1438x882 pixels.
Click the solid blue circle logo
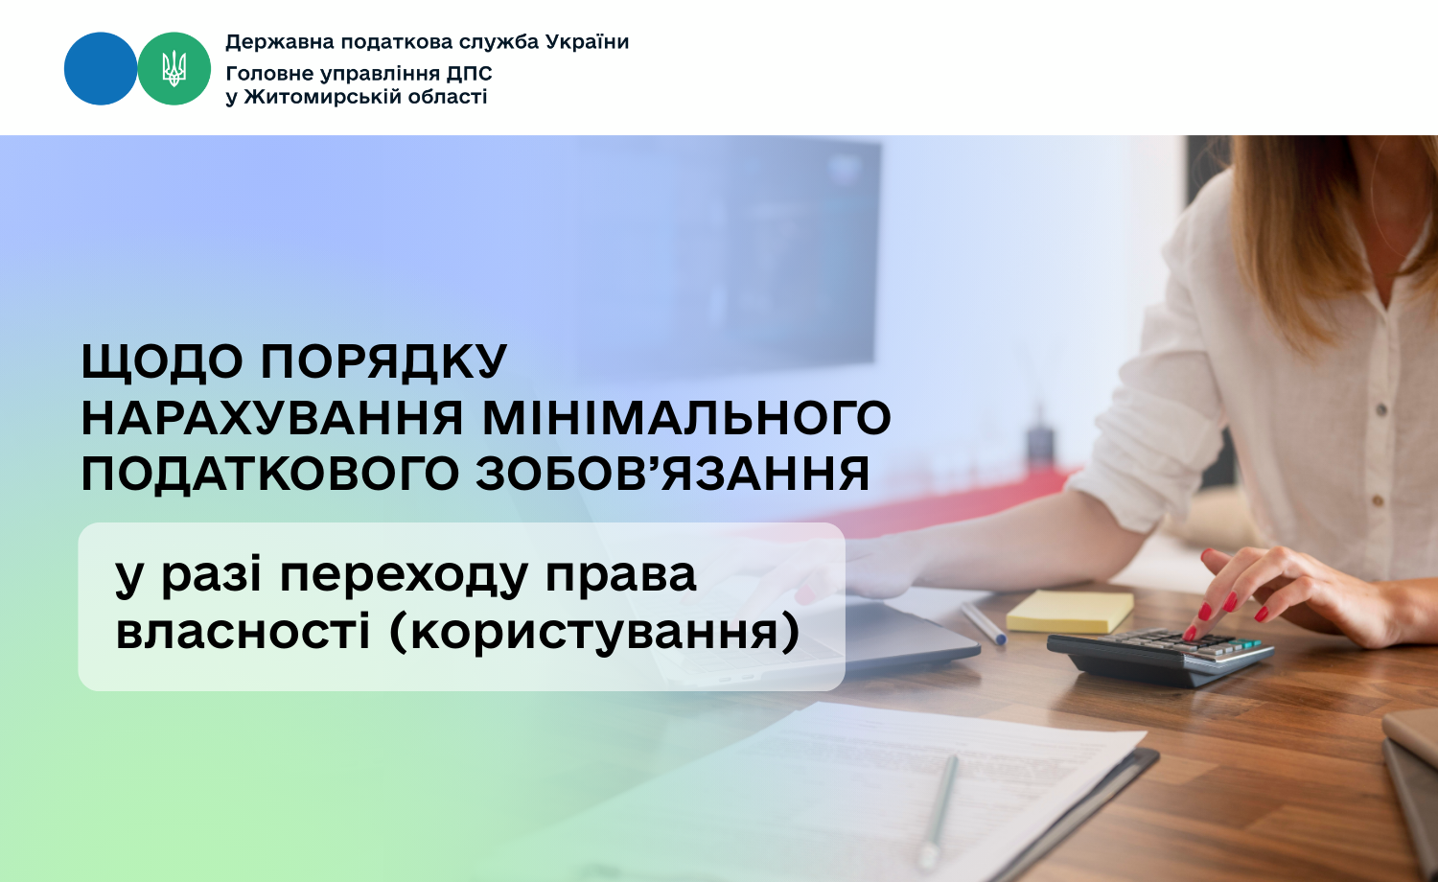[x=101, y=69]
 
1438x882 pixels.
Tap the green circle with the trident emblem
[x=174, y=69]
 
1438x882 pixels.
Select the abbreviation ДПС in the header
[x=470, y=74]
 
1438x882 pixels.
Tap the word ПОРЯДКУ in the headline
[x=383, y=361]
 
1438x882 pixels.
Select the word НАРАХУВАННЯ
[x=272, y=418]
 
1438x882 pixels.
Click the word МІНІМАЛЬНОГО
[x=687, y=418]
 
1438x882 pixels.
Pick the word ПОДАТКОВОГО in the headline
[x=270, y=475]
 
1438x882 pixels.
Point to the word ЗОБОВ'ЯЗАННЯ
[x=673, y=474]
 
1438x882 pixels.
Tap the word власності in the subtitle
[x=244, y=631]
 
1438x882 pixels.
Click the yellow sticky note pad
[x=1070, y=611]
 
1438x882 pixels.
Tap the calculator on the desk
[x=1160, y=656]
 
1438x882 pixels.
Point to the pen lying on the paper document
[x=938, y=811]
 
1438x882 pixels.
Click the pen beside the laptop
[x=984, y=622]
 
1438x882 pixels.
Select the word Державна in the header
[x=280, y=42]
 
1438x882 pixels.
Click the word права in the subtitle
[x=621, y=576]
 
